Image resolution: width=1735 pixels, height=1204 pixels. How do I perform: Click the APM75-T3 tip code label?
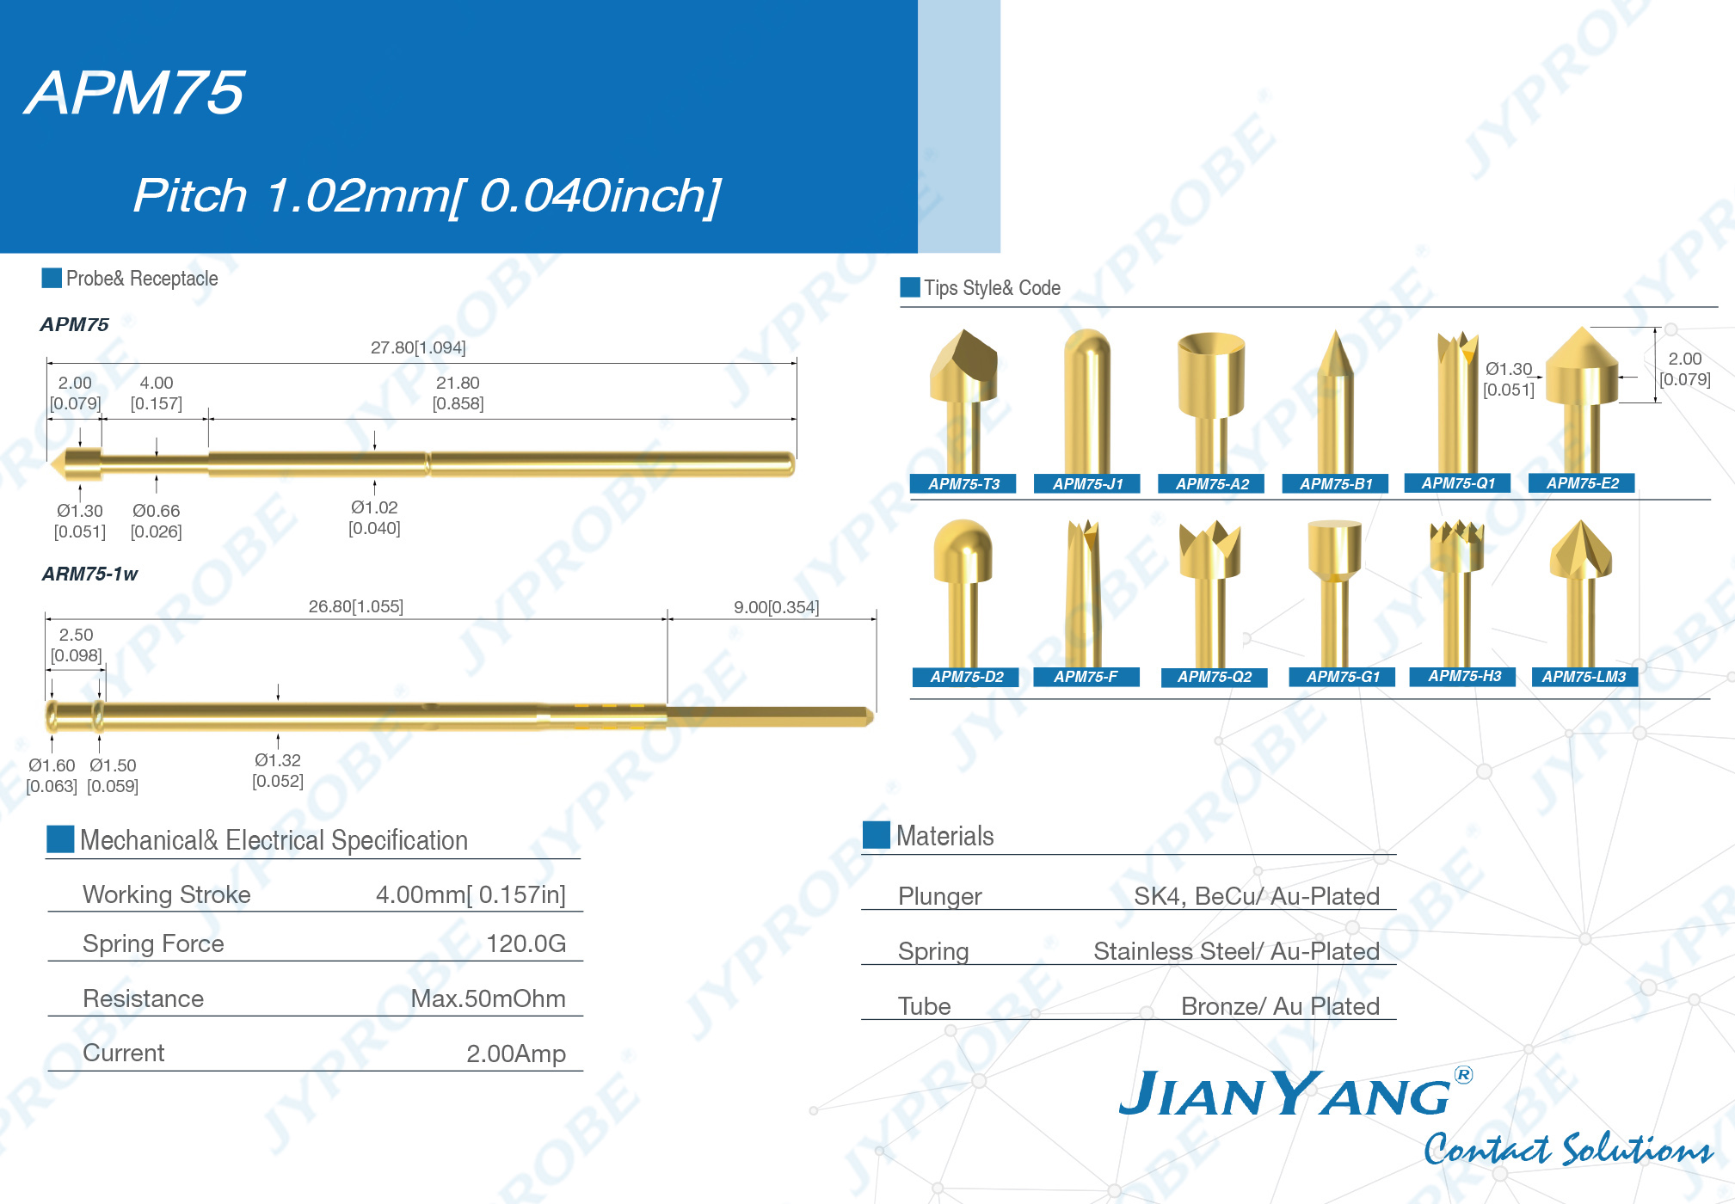(963, 484)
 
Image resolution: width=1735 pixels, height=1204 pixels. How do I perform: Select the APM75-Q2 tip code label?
(1214, 677)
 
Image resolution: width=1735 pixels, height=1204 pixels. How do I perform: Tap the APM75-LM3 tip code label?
(1584, 677)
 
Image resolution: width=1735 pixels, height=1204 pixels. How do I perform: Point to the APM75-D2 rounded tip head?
(963, 550)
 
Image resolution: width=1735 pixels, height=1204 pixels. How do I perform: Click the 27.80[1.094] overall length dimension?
(418, 347)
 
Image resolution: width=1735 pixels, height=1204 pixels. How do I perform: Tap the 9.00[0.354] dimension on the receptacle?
(776, 607)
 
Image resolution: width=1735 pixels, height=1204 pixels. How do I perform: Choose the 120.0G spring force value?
(526, 943)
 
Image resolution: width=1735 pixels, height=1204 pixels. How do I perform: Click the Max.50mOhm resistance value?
(488, 998)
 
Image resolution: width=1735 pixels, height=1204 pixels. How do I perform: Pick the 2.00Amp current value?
(516, 1053)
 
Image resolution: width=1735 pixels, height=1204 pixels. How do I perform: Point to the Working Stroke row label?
(167, 894)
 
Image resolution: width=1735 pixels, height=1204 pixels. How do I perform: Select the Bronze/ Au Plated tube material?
(1280, 1006)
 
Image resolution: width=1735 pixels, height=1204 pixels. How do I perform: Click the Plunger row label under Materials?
(939, 896)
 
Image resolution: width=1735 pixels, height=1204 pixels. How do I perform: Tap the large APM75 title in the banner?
(135, 92)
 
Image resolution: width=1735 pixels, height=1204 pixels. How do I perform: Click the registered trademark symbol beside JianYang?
(1463, 1074)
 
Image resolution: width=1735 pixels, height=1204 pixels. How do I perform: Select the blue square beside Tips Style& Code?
(909, 287)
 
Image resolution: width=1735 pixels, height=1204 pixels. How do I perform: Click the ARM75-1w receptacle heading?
(90, 574)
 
